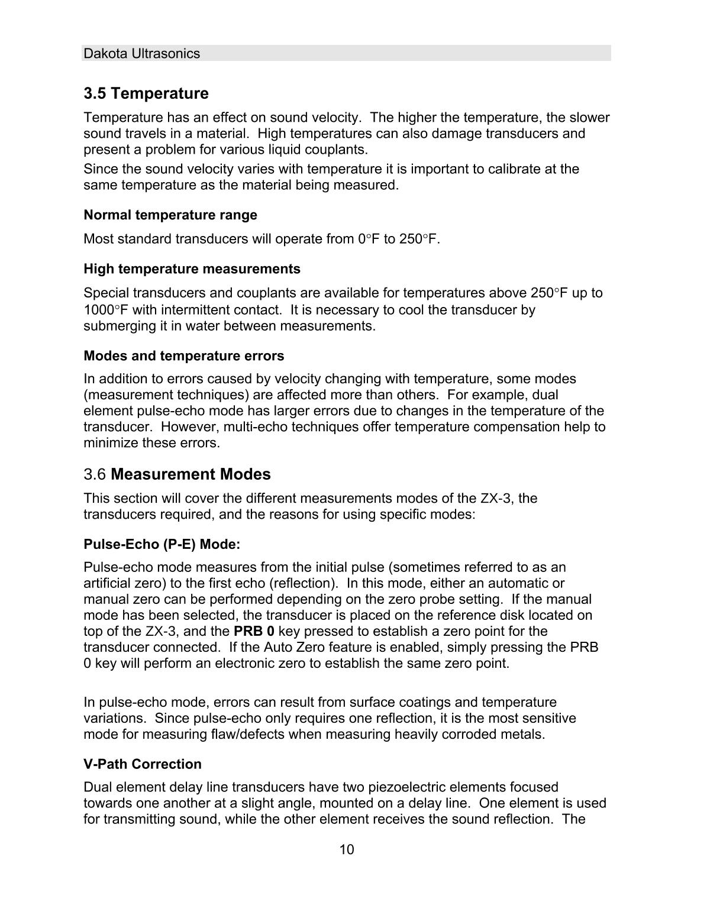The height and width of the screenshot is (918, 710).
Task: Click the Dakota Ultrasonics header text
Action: tap(142, 53)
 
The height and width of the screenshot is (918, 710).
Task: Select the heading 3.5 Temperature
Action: tap(146, 93)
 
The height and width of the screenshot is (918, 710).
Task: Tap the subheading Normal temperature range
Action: tap(170, 215)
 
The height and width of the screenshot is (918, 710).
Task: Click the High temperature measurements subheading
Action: tap(192, 269)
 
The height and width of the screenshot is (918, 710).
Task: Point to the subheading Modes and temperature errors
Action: tap(183, 356)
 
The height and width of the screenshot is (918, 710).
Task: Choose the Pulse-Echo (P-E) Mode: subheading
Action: tap(162, 544)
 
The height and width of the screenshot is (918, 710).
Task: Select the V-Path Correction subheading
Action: tap(143, 764)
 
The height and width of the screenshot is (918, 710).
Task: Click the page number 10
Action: tap(347, 850)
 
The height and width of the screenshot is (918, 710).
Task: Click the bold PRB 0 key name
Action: tap(254, 631)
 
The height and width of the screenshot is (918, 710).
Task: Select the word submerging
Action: tap(119, 326)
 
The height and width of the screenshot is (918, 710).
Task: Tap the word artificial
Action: tap(107, 583)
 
